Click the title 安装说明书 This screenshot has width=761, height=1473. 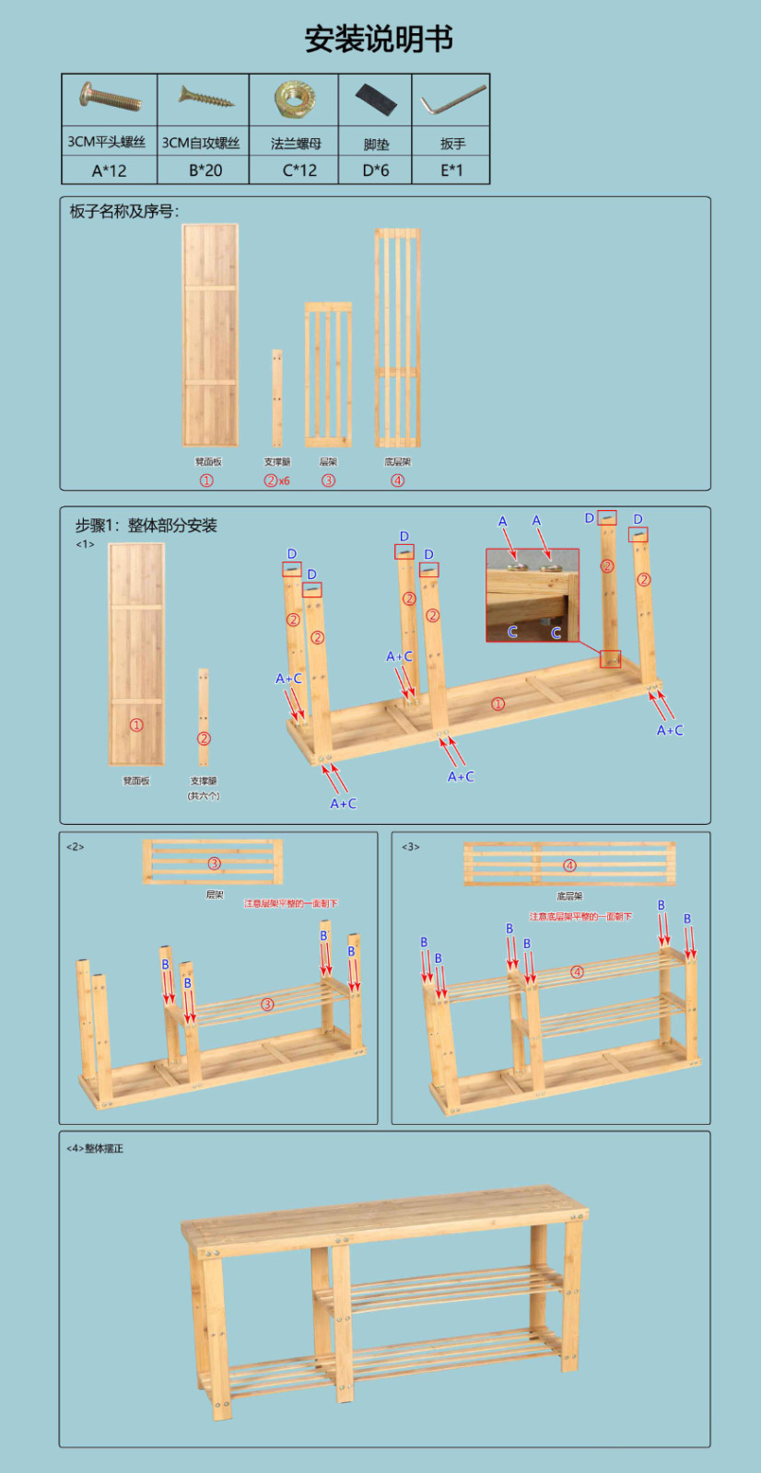coord(379,39)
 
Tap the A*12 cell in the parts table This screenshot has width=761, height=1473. coord(109,170)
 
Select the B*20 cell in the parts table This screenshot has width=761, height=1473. coord(205,170)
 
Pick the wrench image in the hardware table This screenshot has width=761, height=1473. coord(452,100)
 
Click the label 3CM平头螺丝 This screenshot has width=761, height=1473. coord(107,142)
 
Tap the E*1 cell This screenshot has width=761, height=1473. coord(451,170)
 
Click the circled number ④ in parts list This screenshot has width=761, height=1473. coord(397,481)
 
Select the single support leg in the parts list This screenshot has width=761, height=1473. coord(276,398)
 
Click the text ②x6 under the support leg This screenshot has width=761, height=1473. coord(276,481)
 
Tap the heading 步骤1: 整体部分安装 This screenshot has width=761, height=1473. coord(146,526)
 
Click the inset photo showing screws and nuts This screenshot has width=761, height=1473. coord(533,595)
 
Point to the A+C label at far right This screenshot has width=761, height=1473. coord(670,730)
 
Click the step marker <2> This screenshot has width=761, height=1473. coord(76,847)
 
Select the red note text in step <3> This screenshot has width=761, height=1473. coord(580,917)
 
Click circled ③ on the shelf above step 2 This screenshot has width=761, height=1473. coord(214,864)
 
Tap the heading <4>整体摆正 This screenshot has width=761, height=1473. coord(95,1149)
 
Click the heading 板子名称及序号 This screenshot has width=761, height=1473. coord(124,212)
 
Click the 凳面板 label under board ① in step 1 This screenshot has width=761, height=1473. coord(136,781)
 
